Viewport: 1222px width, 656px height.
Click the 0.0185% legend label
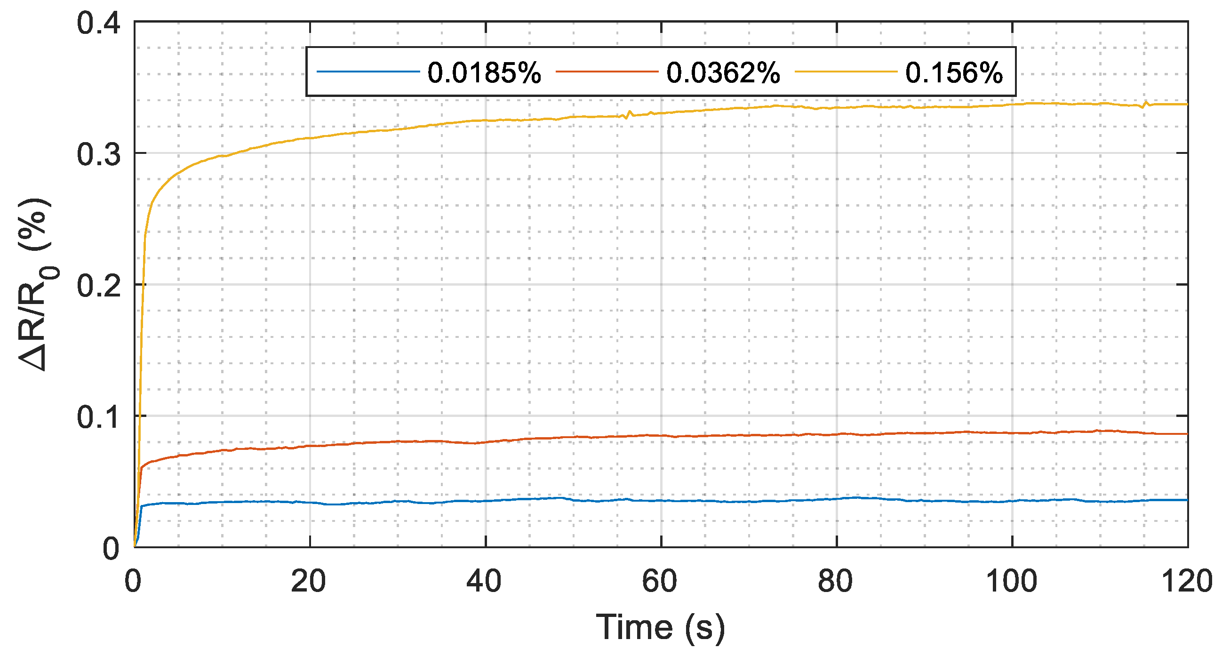[484, 73]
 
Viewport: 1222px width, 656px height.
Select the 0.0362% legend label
[723, 73]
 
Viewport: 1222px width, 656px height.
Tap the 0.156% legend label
[954, 73]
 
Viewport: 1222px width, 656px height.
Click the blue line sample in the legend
[368, 72]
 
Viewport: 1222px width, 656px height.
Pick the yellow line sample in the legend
[846, 72]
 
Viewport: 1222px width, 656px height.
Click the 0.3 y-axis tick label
[98, 154]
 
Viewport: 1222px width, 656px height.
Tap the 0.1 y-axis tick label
[98, 417]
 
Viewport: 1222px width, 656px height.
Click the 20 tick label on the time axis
[308, 581]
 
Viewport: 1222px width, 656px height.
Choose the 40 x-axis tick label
[484, 581]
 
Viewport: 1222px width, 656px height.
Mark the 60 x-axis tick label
[659, 581]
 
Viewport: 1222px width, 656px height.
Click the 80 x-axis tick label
[835, 581]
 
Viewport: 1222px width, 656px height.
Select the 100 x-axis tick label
[1011, 581]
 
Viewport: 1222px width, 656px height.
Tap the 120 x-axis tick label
[1186, 581]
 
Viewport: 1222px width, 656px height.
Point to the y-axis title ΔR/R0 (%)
[37, 285]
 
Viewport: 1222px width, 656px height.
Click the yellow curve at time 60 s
[661, 113]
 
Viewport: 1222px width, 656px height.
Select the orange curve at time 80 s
[837, 434]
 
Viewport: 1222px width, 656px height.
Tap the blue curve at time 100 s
[1012, 501]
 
